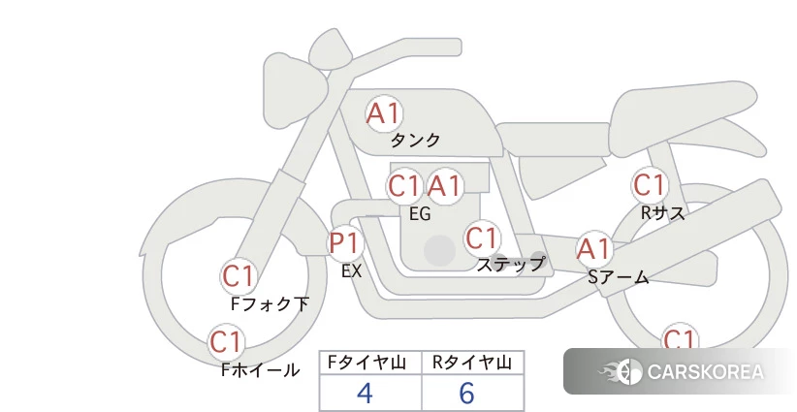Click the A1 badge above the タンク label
383,113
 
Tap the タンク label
415,141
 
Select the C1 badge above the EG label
404,185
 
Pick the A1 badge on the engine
445,185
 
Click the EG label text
420,213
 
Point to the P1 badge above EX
344,242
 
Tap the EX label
351,271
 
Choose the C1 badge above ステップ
482,238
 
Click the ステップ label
510,264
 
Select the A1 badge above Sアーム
593,249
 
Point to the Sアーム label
618,277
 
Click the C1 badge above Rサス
649,184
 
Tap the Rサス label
662,213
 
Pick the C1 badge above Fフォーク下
239,276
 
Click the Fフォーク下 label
270,304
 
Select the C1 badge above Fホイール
227,341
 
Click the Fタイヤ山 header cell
370,363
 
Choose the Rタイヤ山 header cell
472,363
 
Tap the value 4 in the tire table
365,394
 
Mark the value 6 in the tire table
466,394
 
